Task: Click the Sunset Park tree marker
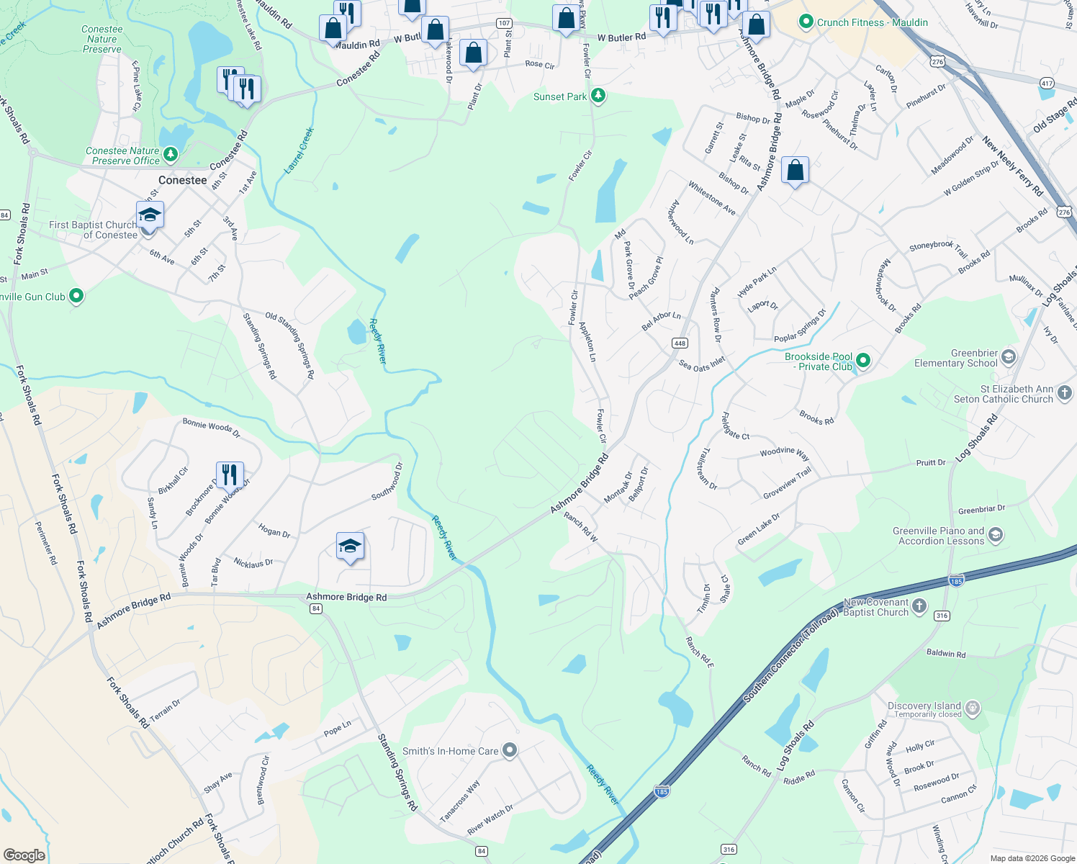coord(598,96)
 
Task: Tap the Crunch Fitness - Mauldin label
coord(872,22)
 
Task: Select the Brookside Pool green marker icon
coord(863,361)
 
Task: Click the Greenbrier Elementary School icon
coord(1009,357)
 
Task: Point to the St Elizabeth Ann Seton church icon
coord(1065,393)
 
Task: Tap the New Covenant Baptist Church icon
coord(919,606)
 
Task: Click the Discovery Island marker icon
coord(973,708)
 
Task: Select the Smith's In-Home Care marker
coord(510,750)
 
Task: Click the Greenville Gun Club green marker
coord(76,296)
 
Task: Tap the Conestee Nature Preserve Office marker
coord(171,154)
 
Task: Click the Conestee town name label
coord(182,180)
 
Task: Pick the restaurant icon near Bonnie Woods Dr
coord(230,475)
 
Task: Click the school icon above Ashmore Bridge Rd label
coord(350,546)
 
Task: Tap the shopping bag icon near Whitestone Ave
coord(795,171)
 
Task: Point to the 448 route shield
coord(680,343)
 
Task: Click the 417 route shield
coord(1047,84)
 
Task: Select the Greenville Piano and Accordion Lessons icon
coord(996,535)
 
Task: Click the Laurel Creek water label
coord(299,150)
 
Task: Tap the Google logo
coord(24,855)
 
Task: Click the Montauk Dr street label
coord(618,487)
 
